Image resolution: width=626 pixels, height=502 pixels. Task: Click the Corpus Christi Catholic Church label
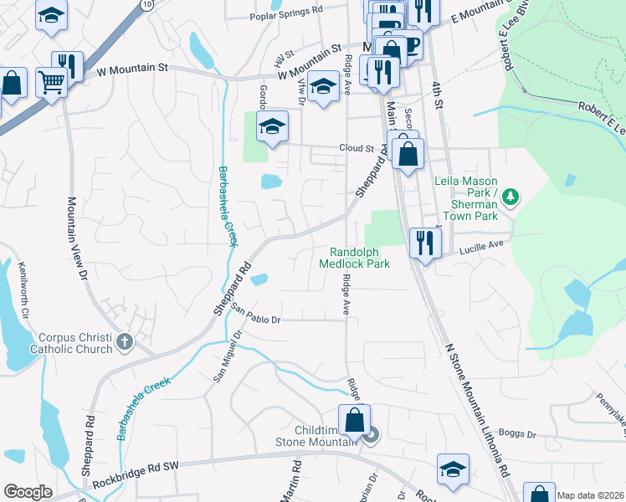pyautogui.click(x=72, y=342)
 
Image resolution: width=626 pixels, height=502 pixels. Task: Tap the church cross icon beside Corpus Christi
pyautogui.click(x=125, y=341)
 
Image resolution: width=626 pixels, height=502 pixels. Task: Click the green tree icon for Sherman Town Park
pyautogui.click(x=511, y=197)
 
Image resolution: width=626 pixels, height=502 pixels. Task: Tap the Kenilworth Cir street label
pyautogui.click(x=25, y=291)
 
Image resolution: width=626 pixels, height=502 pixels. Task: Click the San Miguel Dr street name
pyautogui.click(x=228, y=355)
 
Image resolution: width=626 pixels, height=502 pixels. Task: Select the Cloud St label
pyautogui.click(x=356, y=148)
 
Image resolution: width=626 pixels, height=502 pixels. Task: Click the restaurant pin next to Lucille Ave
pyautogui.click(x=425, y=242)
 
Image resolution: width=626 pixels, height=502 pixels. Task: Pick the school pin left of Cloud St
pyautogui.click(x=272, y=126)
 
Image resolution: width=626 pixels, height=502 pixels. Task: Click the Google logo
pyautogui.click(x=28, y=492)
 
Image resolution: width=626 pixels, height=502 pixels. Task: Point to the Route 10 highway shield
pyautogui.click(x=147, y=4)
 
